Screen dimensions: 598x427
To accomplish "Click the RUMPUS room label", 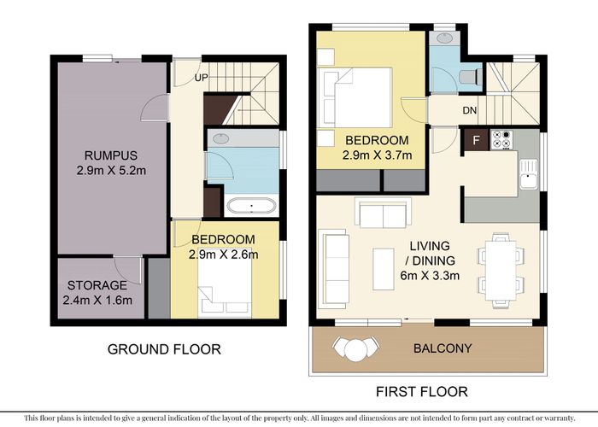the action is coord(110,155).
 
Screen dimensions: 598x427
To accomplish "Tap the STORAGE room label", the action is coord(97,285).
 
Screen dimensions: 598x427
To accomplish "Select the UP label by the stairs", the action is coord(201,78).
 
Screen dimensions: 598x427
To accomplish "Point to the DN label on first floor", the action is coord(470,110).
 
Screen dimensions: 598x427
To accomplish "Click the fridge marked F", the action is coord(476,140).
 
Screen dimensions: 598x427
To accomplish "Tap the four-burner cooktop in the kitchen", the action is coord(501,139).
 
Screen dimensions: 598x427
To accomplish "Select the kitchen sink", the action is coord(528,174).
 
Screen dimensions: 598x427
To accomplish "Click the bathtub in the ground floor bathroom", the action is coord(251,207).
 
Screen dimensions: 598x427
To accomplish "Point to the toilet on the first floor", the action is coord(471,77).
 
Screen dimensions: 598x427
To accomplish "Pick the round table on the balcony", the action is coord(355,348).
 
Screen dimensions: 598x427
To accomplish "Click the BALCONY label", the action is coord(443,348).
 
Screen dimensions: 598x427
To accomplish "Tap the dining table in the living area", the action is coord(501,271).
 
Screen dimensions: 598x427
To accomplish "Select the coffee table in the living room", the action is coord(384,269).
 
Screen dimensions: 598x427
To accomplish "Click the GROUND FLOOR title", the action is coord(164,349).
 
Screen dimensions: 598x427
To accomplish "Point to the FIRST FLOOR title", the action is coord(422,391).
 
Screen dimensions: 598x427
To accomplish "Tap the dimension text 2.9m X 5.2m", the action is coord(111,171).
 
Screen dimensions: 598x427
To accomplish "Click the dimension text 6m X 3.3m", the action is coord(430,275).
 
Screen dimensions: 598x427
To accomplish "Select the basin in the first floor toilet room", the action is coord(444,38).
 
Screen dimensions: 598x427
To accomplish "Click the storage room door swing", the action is coord(128,270).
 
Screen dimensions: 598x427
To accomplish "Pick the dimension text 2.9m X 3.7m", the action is coord(377,155).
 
